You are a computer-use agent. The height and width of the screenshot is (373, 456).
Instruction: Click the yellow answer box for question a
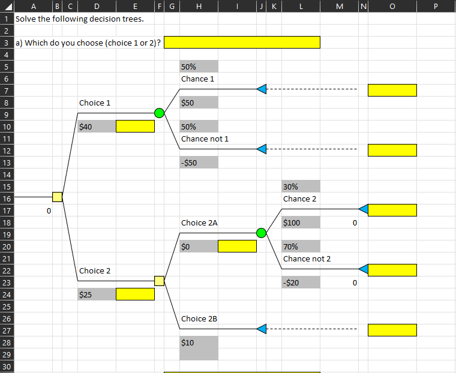pyautogui.click(x=242, y=42)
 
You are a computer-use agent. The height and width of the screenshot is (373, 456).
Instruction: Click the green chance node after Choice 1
pyautogui.click(x=159, y=113)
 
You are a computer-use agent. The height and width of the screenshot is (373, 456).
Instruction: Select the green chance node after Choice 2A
pyautogui.click(x=261, y=233)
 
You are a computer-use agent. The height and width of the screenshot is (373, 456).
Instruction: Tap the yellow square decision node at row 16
pyautogui.click(x=57, y=197)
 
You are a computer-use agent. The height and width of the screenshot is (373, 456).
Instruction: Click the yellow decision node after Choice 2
pyautogui.click(x=159, y=281)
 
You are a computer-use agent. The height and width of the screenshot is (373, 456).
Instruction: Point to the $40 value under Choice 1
pyautogui.click(x=96, y=127)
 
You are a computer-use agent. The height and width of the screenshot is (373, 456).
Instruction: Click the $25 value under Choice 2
pyautogui.click(x=96, y=294)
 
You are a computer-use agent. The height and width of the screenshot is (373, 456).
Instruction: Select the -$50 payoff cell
pyautogui.click(x=199, y=163)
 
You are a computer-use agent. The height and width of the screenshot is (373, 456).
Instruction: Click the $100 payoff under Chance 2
pyautogui.click(x=301, y=222)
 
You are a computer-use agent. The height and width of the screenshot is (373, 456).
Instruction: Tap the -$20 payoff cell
pyautogui.click(x=301, y=282)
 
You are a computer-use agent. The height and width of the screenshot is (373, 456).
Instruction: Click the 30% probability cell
pyautogui.click(x=301, y=186)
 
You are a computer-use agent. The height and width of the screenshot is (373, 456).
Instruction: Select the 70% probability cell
pyautogui.click(x=301, y=246)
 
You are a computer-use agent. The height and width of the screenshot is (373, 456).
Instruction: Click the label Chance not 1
pyautogui.click(x=205, y=139)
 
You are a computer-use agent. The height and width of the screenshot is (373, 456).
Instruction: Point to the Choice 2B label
pyautogui.click(x=199, y=318)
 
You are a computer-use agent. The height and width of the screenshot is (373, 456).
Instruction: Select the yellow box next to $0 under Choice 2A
pyautogui.click(x=237, y=246)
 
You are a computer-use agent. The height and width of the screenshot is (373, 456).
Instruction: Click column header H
pyautogui.click(x=199, y=7)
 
